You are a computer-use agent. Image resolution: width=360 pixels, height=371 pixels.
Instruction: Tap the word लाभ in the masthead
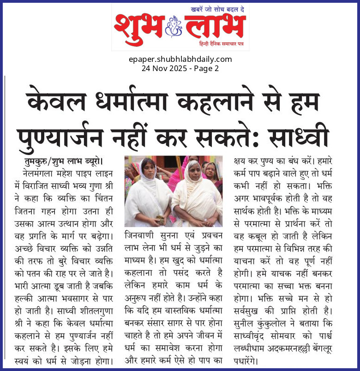click(x=214, y=26)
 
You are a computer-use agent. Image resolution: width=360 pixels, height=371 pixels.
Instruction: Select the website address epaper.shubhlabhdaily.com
click(x=180, y=59)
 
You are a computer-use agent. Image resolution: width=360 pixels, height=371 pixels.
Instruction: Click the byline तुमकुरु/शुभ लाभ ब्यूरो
click(x=64, y=162)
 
